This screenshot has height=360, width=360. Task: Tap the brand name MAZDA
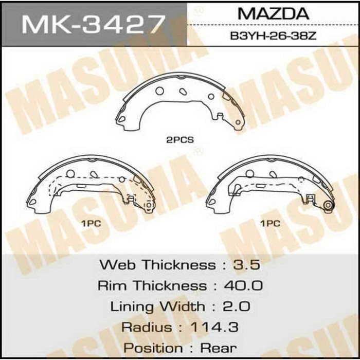coord(274,14)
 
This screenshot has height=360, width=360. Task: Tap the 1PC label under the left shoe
coord(91,224)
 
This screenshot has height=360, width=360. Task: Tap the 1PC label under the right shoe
coord(269,224)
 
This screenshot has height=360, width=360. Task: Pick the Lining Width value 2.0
coord(237,307)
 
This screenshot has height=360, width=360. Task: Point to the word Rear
coord(219,348)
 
